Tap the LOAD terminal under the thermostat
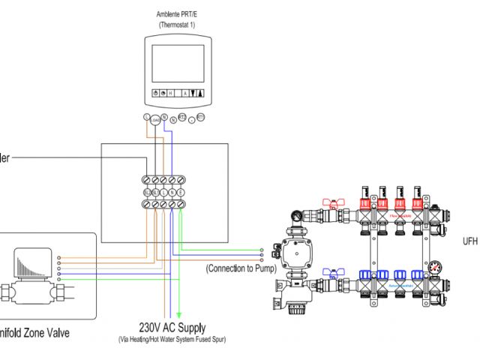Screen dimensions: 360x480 point(155,120)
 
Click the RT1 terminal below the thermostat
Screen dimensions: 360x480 point(200,118)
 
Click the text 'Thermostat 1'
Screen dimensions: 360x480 point(177,25)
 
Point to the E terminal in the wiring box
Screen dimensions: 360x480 point(181,193)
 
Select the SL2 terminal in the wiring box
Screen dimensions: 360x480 point(148,193)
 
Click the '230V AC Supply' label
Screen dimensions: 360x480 point(172,327)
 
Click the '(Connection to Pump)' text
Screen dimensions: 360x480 point(241,268)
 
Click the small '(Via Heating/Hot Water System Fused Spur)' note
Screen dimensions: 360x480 point(172,340)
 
